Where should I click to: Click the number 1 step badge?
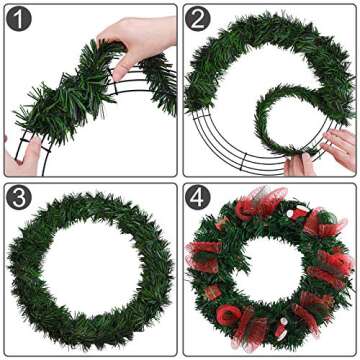pyautogui.click(x=21, y=21)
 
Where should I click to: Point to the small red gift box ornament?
pyautogui.click(x=211, y=292)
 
